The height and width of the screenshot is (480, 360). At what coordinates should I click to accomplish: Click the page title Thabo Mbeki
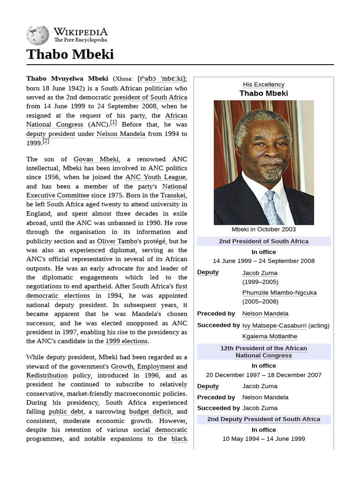coord(70,54)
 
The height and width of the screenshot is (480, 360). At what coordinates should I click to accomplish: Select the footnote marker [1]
coord(113,123)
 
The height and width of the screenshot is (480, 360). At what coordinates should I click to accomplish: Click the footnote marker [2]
coord(45,141)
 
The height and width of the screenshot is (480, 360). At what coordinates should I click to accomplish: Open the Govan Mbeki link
coord(96,159)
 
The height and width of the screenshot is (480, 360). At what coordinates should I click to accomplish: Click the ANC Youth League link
coord(156,177)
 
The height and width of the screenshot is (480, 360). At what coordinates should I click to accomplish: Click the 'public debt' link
coord(63,412)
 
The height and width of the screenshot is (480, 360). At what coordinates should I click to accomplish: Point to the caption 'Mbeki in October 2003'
coord(263,229)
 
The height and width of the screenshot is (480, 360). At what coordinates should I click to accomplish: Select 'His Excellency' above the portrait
coord(263,84)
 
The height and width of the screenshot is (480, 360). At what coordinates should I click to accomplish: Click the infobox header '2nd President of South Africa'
coord(263,241)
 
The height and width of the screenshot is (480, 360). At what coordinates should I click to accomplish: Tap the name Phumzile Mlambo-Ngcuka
coord(279,292)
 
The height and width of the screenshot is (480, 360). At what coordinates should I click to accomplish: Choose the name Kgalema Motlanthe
coord(270,337)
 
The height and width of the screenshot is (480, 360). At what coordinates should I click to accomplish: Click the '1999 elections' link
coord(127,341)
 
